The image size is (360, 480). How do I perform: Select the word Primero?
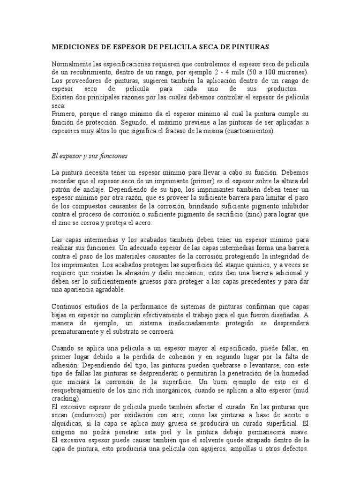pos(63,114)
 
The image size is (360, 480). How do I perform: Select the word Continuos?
pos(67,307)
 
